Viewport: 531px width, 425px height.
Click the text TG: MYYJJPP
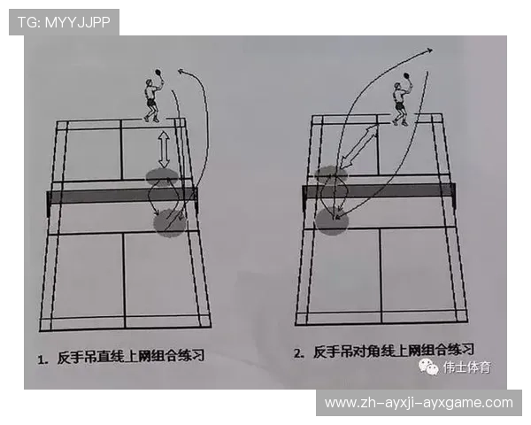point(64,22)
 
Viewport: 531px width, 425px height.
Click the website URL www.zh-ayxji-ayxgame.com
point(418,403)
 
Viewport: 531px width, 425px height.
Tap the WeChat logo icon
point(428,366)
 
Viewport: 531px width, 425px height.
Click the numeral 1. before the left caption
point(42,359)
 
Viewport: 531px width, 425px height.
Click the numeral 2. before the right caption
point(300,352)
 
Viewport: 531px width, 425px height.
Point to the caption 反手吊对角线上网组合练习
point(394,351)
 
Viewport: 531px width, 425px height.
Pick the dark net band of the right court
point(379,190)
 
